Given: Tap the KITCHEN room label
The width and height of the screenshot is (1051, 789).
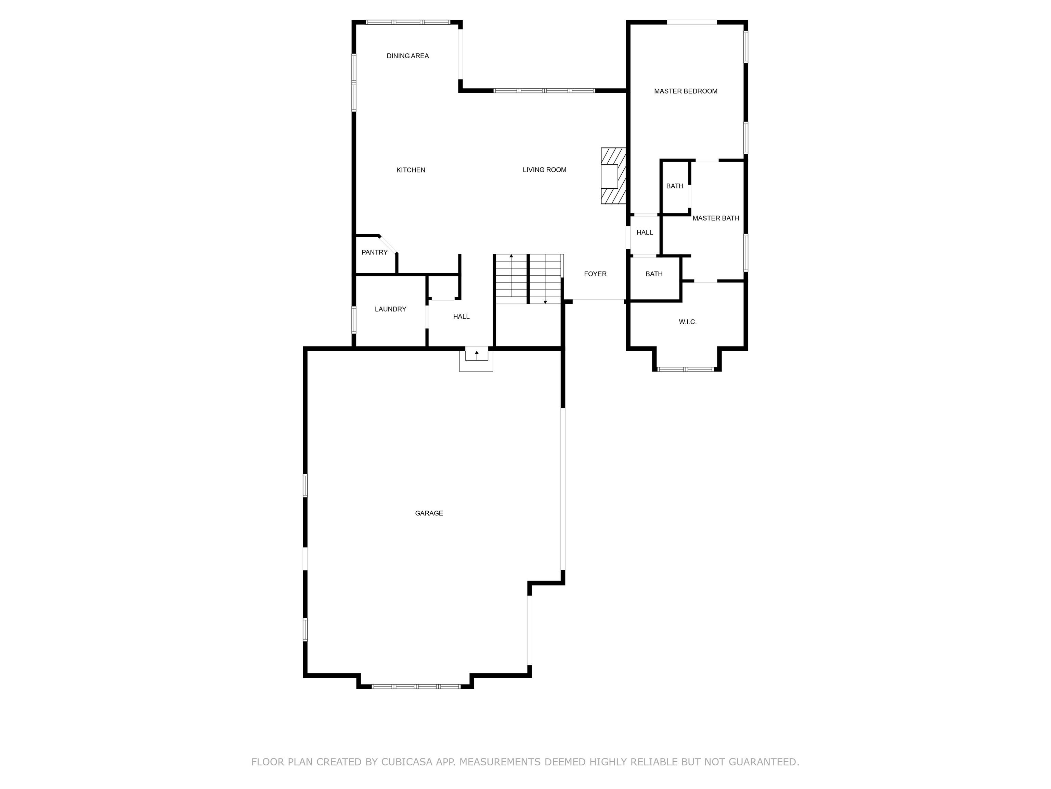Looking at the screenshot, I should (411, 170).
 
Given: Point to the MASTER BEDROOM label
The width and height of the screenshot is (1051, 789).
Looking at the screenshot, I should (685, 91).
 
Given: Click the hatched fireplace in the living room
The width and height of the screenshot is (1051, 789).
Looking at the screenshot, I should (613, 176).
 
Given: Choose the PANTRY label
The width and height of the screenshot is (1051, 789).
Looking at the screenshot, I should (374, 252).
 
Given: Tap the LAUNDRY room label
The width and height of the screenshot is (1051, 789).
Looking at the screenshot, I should (390, 310).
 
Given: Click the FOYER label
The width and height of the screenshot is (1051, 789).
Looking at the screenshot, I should (595, 274).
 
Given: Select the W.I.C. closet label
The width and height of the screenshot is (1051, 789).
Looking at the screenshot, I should (687, 322).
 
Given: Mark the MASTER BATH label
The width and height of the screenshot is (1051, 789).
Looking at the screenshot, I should (715, 218).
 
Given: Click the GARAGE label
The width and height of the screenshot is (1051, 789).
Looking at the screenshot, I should (429, 513).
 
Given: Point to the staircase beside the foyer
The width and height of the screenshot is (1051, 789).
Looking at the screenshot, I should (528, 279).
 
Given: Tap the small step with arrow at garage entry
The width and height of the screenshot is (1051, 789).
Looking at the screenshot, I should (476, 355).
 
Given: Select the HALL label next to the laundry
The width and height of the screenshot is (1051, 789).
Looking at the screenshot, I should (461, 317).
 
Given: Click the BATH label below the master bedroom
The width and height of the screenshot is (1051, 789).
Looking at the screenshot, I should (674, 186).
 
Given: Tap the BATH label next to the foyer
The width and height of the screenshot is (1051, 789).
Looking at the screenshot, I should (654, 274).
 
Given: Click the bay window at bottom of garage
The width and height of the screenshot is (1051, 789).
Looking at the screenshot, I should (416, 686).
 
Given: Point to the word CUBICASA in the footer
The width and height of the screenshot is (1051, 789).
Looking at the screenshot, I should (406, 762).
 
